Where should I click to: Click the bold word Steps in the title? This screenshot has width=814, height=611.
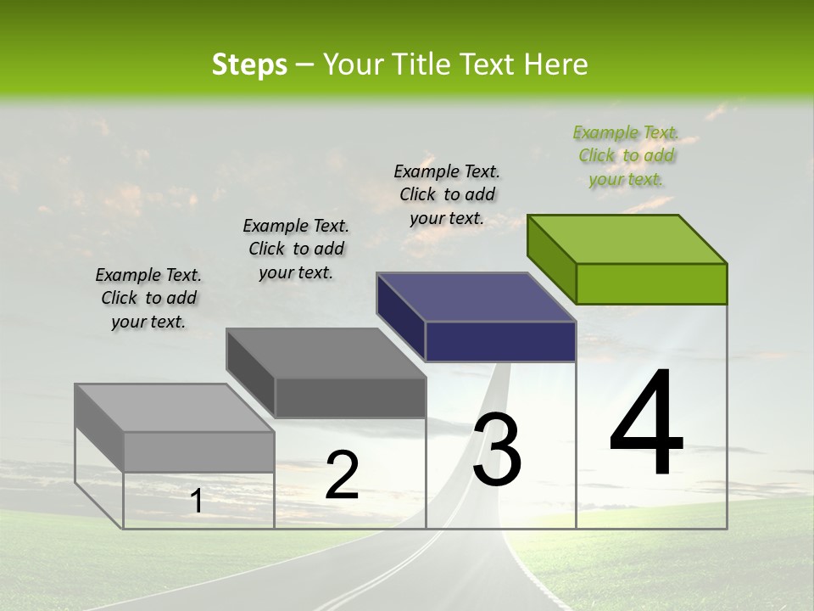[249, 64]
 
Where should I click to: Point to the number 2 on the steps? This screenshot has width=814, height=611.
[342, 475]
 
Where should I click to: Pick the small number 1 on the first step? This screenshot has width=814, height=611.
[197, 501]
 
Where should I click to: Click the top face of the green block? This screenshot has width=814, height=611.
[627, 238]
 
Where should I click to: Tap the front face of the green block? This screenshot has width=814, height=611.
[651, 283]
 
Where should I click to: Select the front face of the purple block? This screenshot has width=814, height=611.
[500, 341]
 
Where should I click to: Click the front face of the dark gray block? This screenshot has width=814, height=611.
[349, 397]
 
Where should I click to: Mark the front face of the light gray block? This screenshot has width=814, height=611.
[198, 451]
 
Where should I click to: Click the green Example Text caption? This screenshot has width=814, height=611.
[626, 155]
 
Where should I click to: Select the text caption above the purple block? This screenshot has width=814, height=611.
[447, 194]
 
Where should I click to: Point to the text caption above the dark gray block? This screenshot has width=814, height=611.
[296, 249]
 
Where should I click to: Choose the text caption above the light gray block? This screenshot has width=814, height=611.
[148, 298]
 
